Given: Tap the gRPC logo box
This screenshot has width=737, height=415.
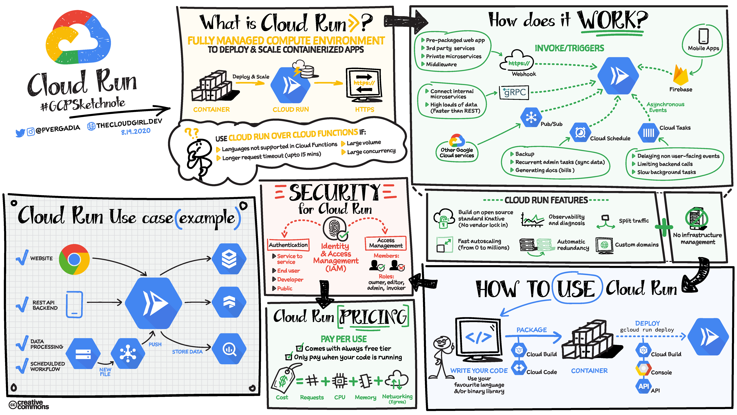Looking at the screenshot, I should pyautogui.click(x=514, y=92).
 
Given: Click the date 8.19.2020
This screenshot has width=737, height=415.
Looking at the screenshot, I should pyautogui.click(x=136, y=131).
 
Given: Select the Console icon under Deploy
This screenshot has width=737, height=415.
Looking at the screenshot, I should pyautogui.click(x=643, y=369).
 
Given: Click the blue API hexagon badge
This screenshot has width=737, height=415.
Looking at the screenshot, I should pyautogui.click(x=643, y=386).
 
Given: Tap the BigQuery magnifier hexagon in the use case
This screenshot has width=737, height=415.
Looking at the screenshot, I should pyautogui.click(x=229, y=349).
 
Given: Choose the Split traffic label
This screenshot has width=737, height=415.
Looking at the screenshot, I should pyautogui.click(x=634, y=221).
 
